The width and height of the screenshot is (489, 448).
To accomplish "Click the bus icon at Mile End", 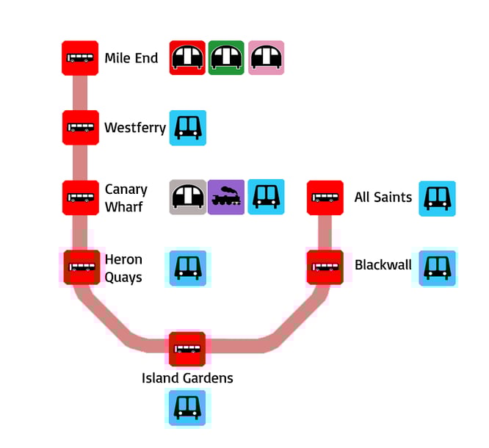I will tap(80, 58).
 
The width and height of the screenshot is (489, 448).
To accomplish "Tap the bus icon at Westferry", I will tap(80, 128).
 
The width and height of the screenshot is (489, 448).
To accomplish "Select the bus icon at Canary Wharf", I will tap(80, 198).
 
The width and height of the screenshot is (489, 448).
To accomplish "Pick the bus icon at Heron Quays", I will tap(80, 267).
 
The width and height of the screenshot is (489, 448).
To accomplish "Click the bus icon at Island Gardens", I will tap(187, 349).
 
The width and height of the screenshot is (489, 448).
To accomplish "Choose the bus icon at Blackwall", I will tap(325, 267).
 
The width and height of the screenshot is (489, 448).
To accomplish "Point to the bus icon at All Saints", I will tap(325, 198).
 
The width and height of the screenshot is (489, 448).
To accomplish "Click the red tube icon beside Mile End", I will tap(187, 58).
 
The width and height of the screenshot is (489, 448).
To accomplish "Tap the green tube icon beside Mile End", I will tap(226, 58).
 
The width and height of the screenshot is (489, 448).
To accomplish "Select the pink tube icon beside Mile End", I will tap(266, 58).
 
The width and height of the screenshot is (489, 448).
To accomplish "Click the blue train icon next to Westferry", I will tap(187, 128).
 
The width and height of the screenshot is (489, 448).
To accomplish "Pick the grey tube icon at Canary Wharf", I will tap(187, 198).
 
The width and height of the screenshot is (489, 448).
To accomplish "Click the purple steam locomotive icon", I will tap(226, 198).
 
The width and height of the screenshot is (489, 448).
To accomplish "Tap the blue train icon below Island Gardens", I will tap(187, 408).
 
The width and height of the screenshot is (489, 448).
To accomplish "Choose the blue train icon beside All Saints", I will tap(437, 198).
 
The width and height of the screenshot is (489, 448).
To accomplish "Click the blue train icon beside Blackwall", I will tap(437, 267).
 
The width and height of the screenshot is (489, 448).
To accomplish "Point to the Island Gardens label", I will tap(187, 378).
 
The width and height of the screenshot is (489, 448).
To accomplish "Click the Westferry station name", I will tap(135, 128).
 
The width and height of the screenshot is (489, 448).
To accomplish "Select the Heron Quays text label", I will tap(123, 268).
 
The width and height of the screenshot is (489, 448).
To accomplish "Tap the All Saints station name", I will tap(383, 197).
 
